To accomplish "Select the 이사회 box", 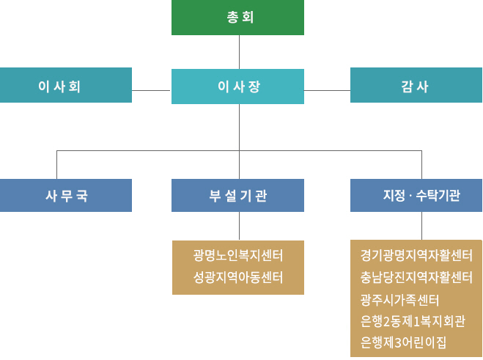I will (x=66, y=85).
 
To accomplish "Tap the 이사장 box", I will (x=237, y=87).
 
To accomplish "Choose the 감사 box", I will (x=416, y=85).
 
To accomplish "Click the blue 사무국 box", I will (x=66, y=195).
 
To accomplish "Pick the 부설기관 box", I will (x=237, y=195).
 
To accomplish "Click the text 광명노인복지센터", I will (x=238, y=255).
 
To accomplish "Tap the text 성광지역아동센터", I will (x=238, y=277).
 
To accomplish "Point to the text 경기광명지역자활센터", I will (x=416, y=255).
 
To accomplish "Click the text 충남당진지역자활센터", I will (x=416, y=277).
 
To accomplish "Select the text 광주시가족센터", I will (x=399, y=299).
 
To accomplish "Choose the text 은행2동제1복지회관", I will (x=411, y=320).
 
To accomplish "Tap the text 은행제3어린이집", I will (x=403, y=342).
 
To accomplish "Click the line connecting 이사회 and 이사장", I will (x=152, y=89).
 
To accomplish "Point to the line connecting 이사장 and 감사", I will (x=327, y=89).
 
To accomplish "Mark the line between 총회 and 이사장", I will (x=239, y=51).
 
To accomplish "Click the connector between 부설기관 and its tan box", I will (x=239, y=226).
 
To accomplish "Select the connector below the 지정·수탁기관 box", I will (x=421, y=226).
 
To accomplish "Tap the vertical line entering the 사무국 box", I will (x=57, y=165).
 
